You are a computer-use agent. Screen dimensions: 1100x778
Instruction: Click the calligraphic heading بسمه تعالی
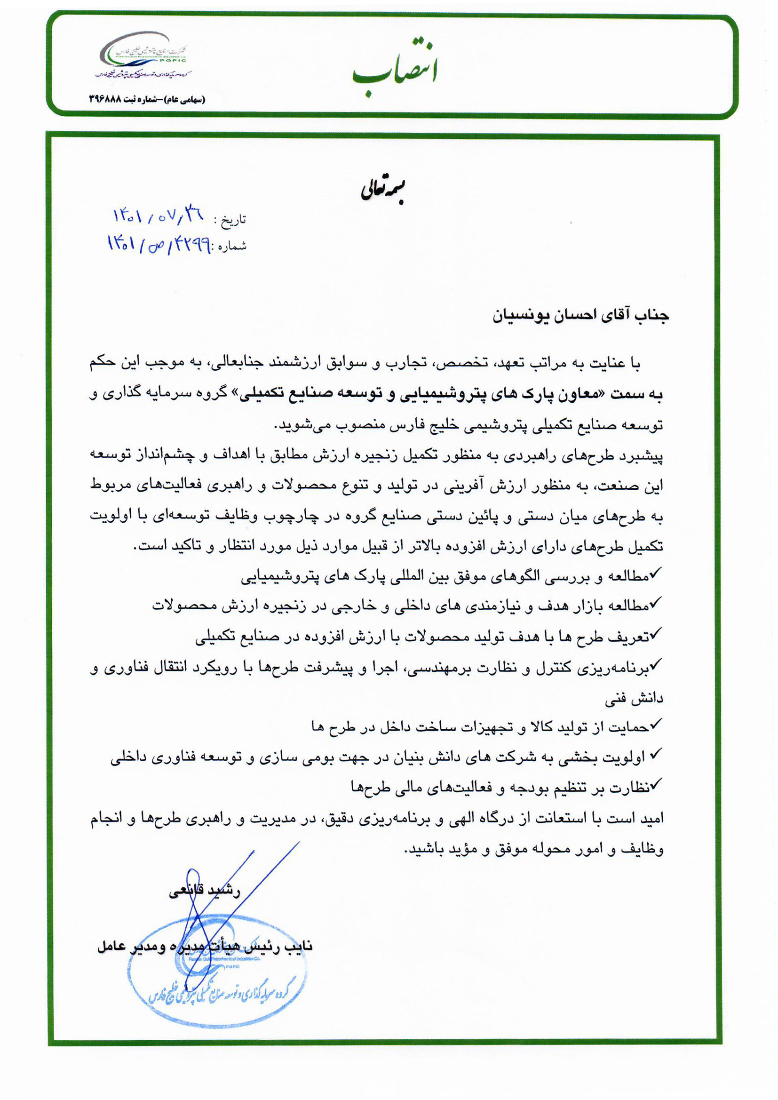(x=383, y=191)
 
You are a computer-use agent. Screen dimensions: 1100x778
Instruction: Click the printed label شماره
(x=232, y=246)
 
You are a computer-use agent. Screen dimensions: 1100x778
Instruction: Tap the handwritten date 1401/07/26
(x=158, y=216)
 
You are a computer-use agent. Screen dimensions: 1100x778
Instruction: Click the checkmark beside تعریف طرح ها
(x=656, y=633)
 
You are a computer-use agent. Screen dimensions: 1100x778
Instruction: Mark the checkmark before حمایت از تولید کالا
(x=656, y=723)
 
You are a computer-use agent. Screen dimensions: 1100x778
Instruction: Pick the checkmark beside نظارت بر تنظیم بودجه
(x=656, y=783)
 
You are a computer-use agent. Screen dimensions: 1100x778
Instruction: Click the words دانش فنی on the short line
(x=634, y=700)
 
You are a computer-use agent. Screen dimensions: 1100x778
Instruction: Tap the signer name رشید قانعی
(x=205, y=892)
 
